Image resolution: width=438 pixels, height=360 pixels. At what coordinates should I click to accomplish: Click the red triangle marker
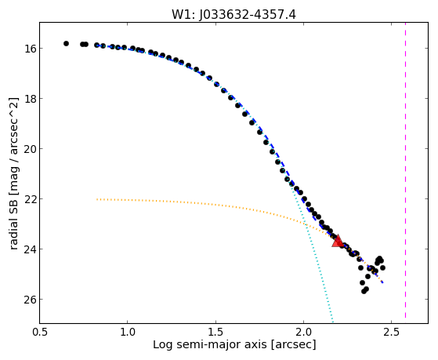click(x=338, y=241)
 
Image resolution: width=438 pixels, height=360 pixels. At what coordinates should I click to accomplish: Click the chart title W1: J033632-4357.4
click(x=233, y=15)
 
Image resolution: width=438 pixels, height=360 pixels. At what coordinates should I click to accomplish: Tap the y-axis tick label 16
click(x=30, y=49)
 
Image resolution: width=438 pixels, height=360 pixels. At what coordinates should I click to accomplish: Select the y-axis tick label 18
click(x=30, y=99)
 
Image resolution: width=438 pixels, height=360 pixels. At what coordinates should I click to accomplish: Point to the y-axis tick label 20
click(x=30, y=149)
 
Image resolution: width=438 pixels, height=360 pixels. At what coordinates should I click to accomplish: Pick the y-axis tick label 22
click(x=30, y=199)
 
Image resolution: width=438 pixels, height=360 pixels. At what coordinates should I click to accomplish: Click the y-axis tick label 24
click(x=30, y=249)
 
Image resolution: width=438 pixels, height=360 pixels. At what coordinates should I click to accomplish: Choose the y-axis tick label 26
click(x=30, y=300)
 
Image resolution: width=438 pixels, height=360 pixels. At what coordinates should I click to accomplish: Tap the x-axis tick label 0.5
click(x=39, y=332)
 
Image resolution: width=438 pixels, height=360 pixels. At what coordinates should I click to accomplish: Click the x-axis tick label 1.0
click(x=128, y=332)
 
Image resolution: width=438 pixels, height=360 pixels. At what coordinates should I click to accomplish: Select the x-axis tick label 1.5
click(x=215, y=332)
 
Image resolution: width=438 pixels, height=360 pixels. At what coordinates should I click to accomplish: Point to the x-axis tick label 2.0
click(x=304, y=332)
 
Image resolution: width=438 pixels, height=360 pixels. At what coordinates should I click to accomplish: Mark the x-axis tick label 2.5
click(x=392, y=332)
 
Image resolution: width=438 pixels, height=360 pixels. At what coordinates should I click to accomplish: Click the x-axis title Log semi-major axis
click(x=210, y=344)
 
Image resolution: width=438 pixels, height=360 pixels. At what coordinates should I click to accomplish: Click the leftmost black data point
click(x=66, y=43)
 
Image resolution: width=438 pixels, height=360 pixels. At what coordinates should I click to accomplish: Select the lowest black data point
click(x=364, y=291)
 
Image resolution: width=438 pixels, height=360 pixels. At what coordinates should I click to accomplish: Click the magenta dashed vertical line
click(x=405, y=170)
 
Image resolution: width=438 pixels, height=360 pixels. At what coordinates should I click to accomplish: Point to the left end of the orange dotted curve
click(x=97, y=199)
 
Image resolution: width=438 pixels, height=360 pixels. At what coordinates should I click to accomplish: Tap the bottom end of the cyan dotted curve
click(x=333, y=322)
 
